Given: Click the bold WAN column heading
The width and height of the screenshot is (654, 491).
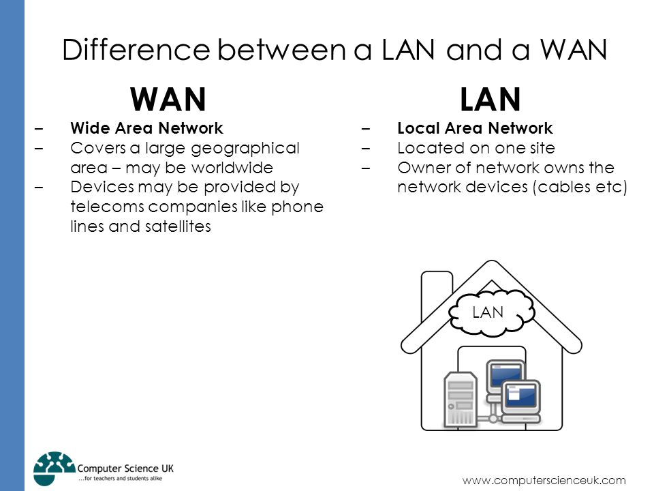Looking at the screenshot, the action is (x=168, y=100).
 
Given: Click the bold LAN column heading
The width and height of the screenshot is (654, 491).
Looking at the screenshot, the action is (x=490, y=100).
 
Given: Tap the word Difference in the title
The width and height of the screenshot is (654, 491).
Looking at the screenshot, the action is (x=136, y=50).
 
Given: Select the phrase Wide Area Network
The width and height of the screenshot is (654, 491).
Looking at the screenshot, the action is (x=147, y=128).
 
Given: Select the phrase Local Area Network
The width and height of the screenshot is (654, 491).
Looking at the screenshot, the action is (x=475, y=128).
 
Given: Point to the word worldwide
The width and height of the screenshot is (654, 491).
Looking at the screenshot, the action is (x=232, y=168).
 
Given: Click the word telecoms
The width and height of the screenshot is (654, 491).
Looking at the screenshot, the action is (x=106, y=207).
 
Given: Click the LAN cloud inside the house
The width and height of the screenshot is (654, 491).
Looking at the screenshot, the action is (x=491, y=312).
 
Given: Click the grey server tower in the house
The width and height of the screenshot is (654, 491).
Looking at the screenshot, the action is (x=460, y=399).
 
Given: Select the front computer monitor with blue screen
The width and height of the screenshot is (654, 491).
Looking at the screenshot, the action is (x=521, y=395).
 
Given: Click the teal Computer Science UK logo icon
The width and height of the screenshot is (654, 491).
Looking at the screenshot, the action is (x=54, y=468).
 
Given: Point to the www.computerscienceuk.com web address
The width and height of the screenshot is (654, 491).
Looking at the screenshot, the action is (x=544, y=480).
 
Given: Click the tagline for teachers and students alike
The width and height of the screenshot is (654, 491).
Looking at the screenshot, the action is (x=120, y=479).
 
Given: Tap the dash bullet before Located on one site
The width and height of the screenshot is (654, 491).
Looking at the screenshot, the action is (x=366, y=148).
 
